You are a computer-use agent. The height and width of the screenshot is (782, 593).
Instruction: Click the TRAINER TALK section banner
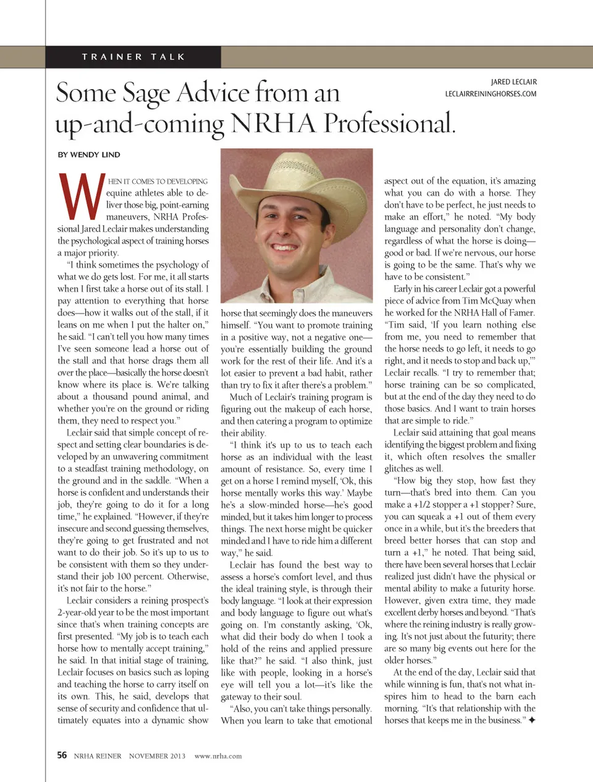(133, 57)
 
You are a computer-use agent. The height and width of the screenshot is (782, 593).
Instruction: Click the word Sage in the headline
(146, 93)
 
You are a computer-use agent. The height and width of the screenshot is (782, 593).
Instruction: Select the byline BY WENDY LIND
(89, 155)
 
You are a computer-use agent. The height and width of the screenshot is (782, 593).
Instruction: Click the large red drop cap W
(81, 196)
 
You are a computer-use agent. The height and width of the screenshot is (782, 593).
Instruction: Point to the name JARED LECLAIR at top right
(513, 82)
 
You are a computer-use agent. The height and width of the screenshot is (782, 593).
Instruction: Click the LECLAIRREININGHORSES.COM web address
(490, 94)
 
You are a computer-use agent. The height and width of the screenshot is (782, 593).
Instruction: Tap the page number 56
(62, 755)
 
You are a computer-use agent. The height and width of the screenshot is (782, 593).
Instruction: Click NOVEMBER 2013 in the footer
(157, 755)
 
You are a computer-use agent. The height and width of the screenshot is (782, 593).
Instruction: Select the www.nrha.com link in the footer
(218, 755)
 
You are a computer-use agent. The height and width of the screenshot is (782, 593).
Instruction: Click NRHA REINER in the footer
(98, 755)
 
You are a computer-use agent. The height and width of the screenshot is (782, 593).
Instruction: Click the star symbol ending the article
(532, 720)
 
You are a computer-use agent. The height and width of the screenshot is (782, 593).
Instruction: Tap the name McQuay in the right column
(500, 300)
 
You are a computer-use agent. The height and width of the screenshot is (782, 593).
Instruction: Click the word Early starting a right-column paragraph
(403, 289)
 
